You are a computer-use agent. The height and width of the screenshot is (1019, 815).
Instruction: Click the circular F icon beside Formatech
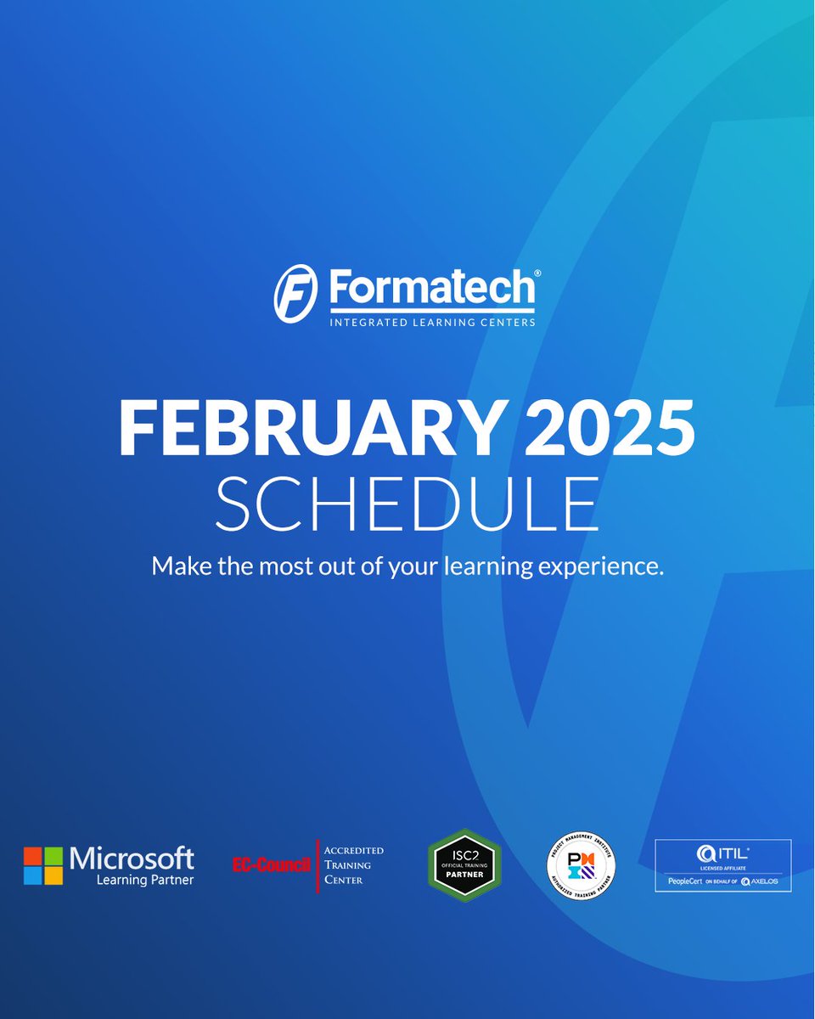[x=295, y=293]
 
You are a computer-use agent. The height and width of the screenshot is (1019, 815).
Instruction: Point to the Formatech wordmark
[x=430, y=289]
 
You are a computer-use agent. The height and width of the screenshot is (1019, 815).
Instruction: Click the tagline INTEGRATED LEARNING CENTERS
[x=432, y=322]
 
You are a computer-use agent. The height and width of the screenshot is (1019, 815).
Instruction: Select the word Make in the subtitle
[x=176, y=566]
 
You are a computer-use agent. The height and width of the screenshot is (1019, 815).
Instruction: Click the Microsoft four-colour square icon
[x=43, y=865]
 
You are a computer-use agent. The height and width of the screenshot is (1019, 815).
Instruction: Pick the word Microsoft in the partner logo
[x=132, y=858]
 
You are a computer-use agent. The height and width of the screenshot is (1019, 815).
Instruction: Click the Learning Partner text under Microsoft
[x=144, y=881]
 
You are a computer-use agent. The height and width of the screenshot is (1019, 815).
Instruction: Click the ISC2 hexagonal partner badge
[x=464, y=865]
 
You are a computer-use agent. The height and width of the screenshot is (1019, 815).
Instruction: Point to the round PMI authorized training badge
[x=581, y=866]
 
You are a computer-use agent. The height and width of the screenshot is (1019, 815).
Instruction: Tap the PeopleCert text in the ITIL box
[x=685, y=881]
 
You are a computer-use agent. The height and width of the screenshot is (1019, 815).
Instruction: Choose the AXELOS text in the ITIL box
[x=763, y=881]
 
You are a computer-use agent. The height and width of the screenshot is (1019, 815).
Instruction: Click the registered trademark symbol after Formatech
[x=536, y=273]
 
